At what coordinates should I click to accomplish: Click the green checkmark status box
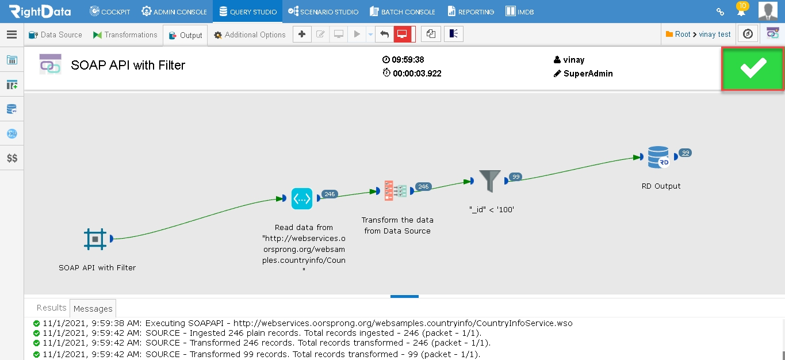(752, 68)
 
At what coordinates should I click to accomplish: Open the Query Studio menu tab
(248, 12)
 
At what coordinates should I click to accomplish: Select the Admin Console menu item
(174, 12)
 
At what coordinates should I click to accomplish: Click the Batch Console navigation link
(403, 12)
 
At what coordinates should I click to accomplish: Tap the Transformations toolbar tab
(125, 35)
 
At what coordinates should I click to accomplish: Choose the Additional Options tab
(250, 35)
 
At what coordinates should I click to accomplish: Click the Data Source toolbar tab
(55, 35)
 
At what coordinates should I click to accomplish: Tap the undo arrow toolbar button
(384, 34)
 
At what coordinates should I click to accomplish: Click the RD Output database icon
(658, 157)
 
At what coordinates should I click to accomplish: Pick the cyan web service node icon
(302, 199)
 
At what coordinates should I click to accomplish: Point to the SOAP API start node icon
(95, 239)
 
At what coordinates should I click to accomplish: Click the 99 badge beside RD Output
(685, 153)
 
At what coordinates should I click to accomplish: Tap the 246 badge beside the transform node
(423, 186)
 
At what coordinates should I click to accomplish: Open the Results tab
(51, 308)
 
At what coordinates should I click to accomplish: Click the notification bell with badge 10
(741, 10)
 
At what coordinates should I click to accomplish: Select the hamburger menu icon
(12, 35)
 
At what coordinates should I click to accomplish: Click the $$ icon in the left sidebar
(12, 158)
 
